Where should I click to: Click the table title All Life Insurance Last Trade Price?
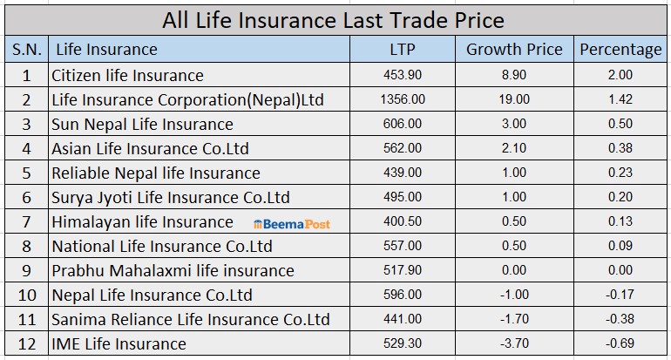coord(334,20)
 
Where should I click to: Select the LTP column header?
coord(402,50)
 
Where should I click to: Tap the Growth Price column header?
coord(514,50)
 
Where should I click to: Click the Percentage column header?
coord(620,50)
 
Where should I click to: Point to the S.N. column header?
coord(26,50)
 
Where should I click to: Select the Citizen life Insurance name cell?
coord(127,76)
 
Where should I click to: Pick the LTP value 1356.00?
coord(402,100)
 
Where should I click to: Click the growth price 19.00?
coord(515,100)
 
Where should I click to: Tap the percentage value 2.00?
coord(620,76)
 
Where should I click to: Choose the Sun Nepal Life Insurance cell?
coord(142,125)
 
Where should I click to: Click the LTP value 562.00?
coord(402,149)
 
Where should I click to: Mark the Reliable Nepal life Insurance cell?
coord(156,173)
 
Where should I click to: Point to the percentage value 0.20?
coord(620,198)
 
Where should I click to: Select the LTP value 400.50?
coord(402,222)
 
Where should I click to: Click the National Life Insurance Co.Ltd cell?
coord(161,247)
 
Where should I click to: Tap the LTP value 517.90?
coord(402,271)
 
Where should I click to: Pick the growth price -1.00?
coord(515,295)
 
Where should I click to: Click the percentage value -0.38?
coord(620,319)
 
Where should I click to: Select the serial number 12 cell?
coord(26,343)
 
